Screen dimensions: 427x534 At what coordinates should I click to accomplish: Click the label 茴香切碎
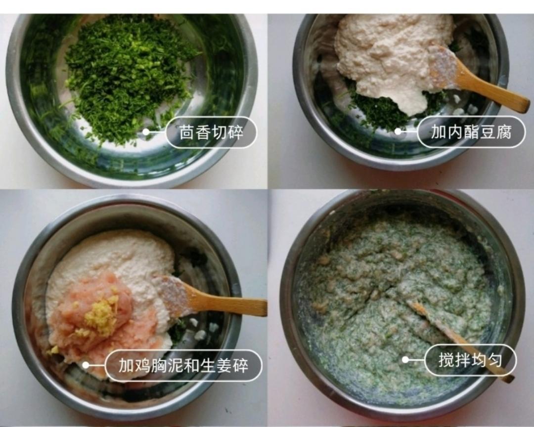tap(211, 132)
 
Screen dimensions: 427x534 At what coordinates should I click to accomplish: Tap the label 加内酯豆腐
tap(471, 132)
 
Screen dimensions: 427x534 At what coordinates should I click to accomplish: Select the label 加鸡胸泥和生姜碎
tap(183, 366)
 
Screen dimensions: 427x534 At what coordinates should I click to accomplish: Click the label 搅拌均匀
tap(470, 360)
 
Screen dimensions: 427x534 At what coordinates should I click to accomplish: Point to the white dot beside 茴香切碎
tap(146, 132)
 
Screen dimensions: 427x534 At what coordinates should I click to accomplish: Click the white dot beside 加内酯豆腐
tap(398, 131)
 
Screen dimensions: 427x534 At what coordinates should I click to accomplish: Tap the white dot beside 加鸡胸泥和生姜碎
tap(86, 365)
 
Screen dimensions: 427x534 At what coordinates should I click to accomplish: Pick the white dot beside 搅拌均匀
tap(405, 360)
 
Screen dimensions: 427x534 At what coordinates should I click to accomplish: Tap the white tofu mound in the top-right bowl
tap(391, 54)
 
